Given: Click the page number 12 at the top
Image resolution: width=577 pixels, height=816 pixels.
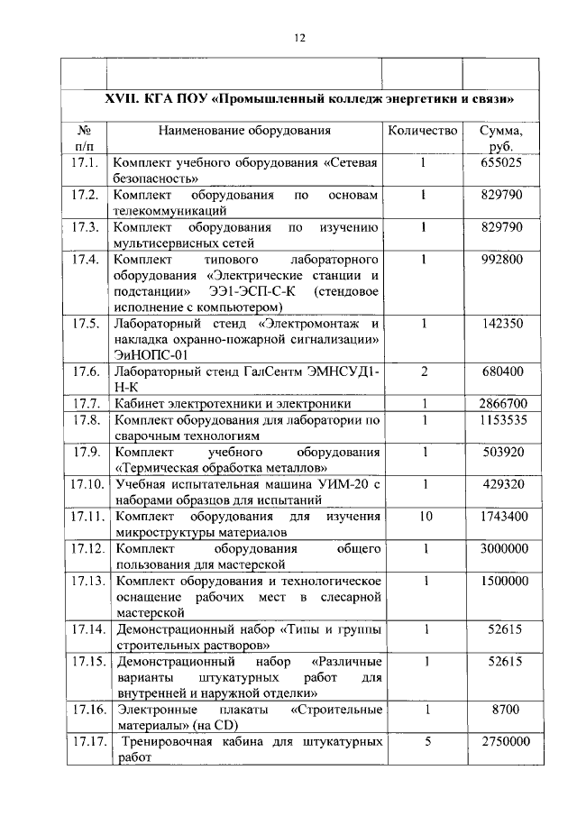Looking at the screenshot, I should [x=300, y=38].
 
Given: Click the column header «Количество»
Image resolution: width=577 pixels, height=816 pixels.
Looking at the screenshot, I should [x=422, y=131].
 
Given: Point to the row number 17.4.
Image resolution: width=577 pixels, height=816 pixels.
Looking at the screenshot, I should [x=84, y=261].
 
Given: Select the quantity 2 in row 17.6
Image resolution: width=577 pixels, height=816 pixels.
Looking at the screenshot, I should [x=422, y=372].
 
